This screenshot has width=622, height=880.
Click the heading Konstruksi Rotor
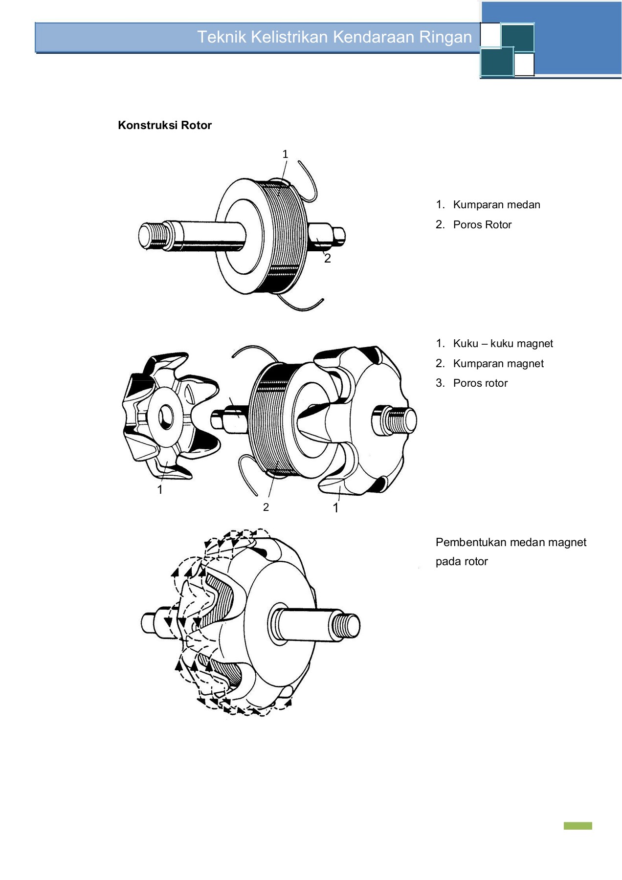click(164, 125)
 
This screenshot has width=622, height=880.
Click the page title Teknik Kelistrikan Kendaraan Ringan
click(334, 37)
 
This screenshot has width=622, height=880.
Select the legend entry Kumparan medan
click(496, 205)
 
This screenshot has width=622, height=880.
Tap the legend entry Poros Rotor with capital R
click(482, 225)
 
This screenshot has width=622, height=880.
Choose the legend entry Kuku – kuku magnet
click(503, 344)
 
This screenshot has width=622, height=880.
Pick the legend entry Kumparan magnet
click(498, 364)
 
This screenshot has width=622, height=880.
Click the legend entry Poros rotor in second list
click(480, 383)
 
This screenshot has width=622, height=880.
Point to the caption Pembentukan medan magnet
click(511, 542)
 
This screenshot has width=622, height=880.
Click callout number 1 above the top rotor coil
click(285, 154)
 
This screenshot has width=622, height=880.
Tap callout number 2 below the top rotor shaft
click(328, 259)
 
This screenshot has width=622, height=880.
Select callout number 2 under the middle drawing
click(266, 507)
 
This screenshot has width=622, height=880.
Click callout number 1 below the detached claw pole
click(160, 489)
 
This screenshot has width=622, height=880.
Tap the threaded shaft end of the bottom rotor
click(346, 625)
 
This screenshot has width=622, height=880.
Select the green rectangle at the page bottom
click(578, 826)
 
